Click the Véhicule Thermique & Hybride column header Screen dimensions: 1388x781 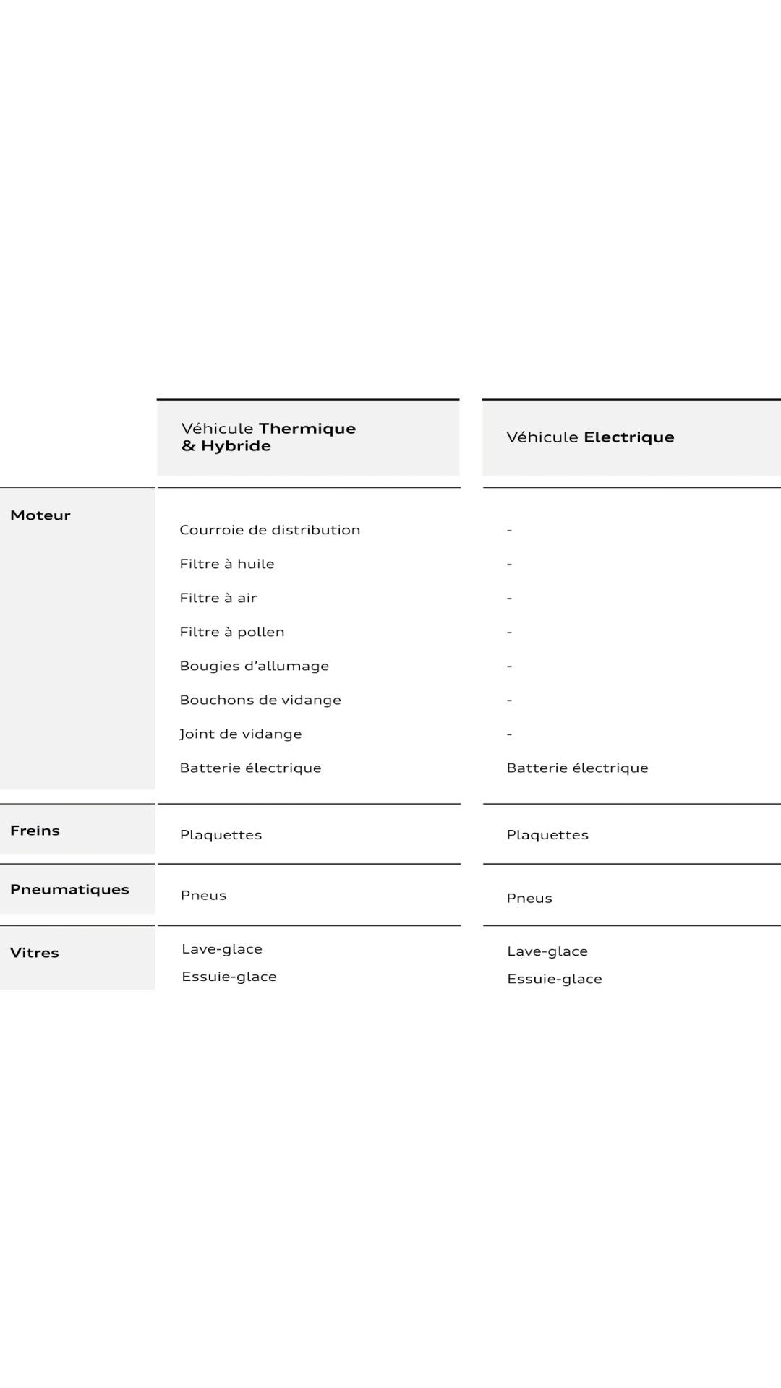coord(268,437)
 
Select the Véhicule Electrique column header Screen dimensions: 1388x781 coord(590,437)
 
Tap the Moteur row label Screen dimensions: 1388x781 coord(40,515)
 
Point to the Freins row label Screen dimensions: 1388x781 coord(35,831)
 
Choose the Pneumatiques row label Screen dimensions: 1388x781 coord(69,889)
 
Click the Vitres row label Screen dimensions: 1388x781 coord(34,953)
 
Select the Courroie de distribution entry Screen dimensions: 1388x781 coord(270,530)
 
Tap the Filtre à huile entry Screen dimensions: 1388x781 coord(227,564)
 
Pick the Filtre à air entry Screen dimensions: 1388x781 coord(218,598)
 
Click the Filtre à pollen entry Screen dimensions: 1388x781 coord(232,632)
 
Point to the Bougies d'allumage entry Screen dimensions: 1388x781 coord(254,666)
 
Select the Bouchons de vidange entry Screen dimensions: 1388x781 coord(260,700)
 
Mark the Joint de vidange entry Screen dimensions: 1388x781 coord(241,734)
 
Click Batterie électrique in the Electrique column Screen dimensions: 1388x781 coord(577,768)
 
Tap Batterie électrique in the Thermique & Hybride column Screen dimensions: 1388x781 coord(250,768)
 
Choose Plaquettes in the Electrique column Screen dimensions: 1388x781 coord(547,835)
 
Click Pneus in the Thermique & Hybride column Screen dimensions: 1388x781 coord(204,896)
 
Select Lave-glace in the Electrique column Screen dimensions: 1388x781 coord(547,951)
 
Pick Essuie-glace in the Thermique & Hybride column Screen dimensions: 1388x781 coord(229,977)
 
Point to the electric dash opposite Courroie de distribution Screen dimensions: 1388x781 coord(510,530)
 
